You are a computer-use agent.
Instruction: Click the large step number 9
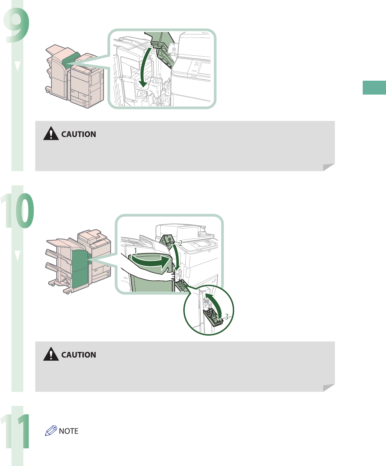click(17, 24)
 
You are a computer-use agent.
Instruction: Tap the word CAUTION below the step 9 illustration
click(79, 134)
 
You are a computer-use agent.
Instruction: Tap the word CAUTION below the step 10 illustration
click(79, 355)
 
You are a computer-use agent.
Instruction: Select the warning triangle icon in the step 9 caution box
click(51, 134)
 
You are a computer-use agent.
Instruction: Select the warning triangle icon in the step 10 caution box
click(51, 354)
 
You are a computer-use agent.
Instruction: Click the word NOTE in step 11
click(69, 431)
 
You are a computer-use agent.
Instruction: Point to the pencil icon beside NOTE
click(51, 431)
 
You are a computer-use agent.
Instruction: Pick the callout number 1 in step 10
click(136, 250)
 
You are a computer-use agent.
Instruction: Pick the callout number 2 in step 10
click(181, 243)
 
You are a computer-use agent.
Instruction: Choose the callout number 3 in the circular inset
click(226, 316)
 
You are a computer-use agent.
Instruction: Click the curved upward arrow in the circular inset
click(216, 304)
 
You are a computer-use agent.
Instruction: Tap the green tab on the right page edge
click(374, 88)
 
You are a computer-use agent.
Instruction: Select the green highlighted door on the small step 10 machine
click(80, 268)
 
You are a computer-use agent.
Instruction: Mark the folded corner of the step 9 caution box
click(329, 167)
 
